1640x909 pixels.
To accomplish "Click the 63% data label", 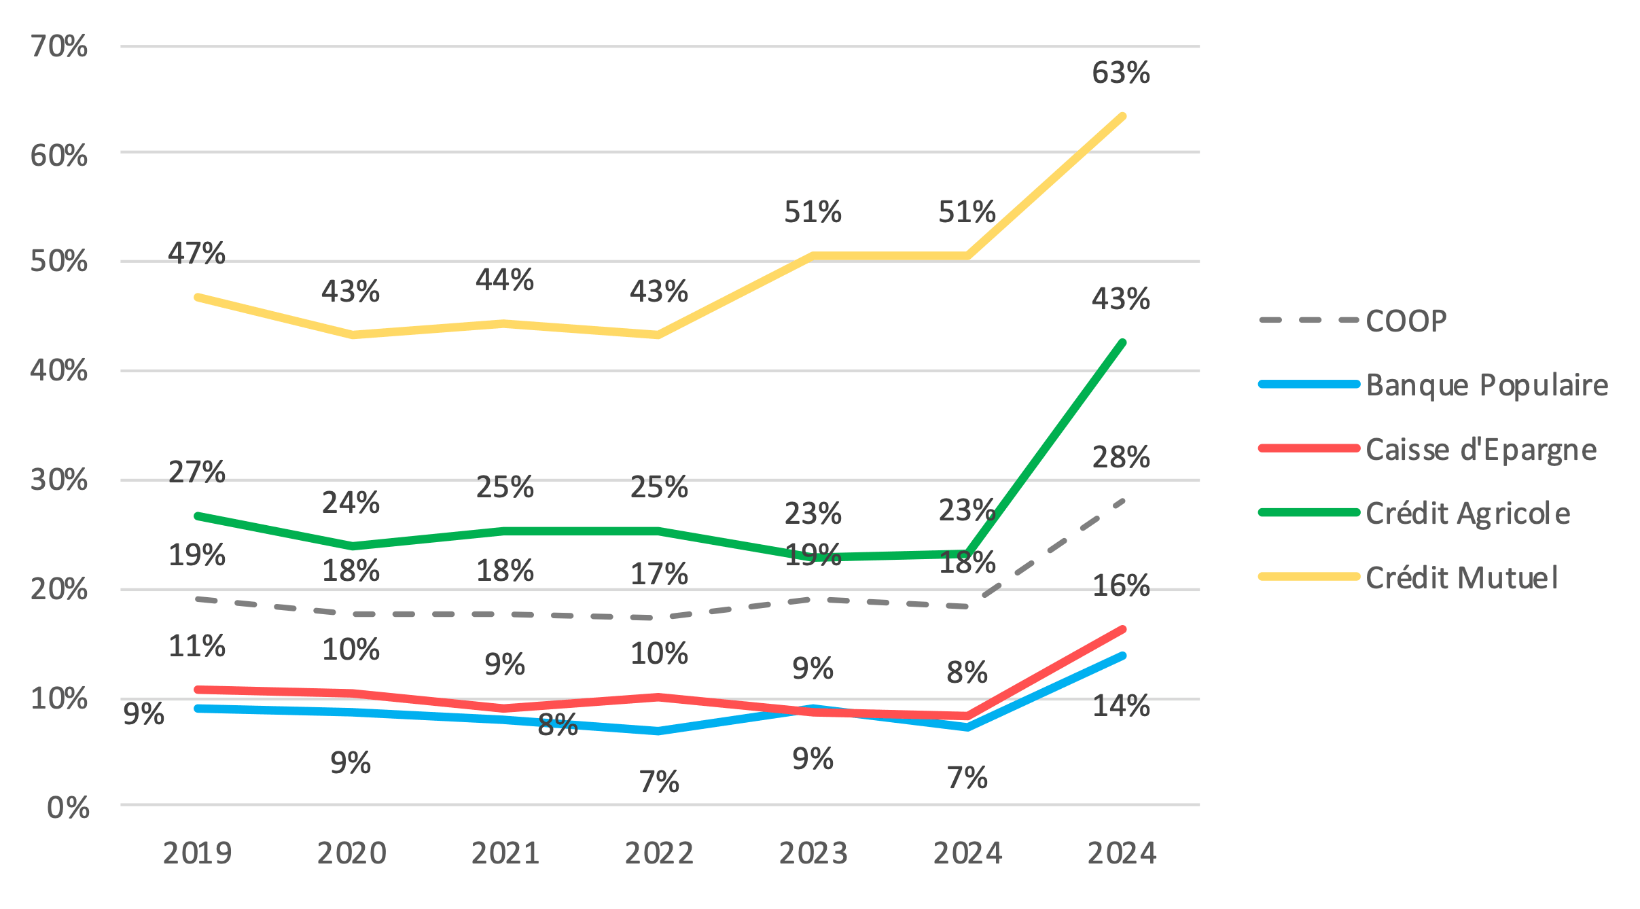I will pos(1120,73).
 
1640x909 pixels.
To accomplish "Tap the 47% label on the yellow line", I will pos(196,253).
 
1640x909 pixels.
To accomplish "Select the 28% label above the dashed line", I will pos(1120,457).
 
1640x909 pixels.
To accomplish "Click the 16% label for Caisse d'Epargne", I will pos(1120,586).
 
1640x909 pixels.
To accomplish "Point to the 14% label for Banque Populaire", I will pos(1120,706).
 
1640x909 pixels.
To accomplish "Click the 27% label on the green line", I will pos(196,472).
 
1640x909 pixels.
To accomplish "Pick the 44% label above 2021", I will pos(504,280).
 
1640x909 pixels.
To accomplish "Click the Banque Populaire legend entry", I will pos(1486,385).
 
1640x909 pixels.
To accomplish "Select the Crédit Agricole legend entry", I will pos(1467,514).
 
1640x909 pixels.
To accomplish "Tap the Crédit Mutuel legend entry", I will pos(1461,578).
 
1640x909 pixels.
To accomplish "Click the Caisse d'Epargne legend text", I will pos(1481,450).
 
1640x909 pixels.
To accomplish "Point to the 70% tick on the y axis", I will pos(59,46).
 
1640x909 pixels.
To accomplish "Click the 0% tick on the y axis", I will pos(68,808).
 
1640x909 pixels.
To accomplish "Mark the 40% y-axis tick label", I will pos(59,371).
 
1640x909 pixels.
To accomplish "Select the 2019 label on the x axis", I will pos(197,853).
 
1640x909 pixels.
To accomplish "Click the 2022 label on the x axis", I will pos(659,853).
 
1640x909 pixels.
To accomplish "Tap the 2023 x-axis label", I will pos(813,853).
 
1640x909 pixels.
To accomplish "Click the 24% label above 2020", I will pos(351,503).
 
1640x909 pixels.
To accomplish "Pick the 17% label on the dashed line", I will pos(659,574).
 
